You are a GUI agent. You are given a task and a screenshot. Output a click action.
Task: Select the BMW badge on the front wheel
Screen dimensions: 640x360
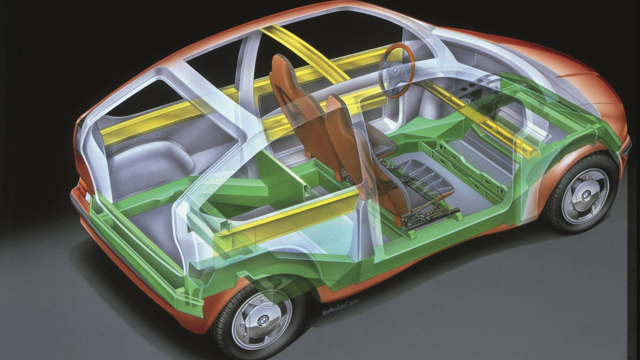pyautogui.click(x=585, y=197)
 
